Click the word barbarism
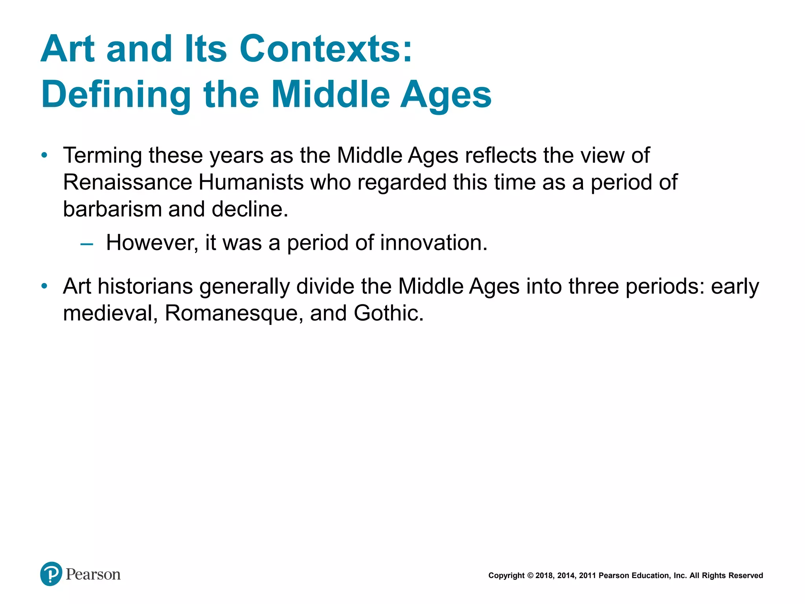coord(112,209)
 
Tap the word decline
coord(250,209)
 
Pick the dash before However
coord(86,244)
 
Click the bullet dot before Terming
coord(44,155)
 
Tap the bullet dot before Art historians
coord(44,286)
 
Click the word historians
coord(145,286)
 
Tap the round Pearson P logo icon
coord(51,574)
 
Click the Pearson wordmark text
coord(93,575)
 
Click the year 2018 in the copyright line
coord(544,576)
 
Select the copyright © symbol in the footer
coord(530,576)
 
